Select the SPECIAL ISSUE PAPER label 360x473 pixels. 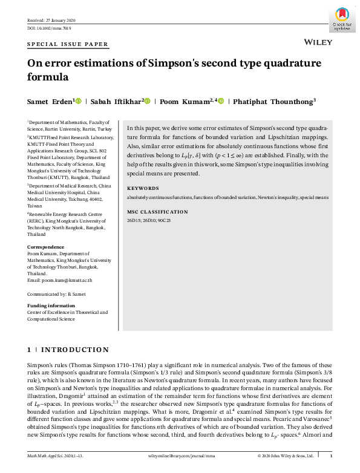click(68, 44)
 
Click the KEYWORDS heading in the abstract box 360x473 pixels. click(143, 188)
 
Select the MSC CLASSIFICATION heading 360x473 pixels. click(157, 212)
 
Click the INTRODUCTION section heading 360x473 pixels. click(75, 350)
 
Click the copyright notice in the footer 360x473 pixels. click(286, 455)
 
